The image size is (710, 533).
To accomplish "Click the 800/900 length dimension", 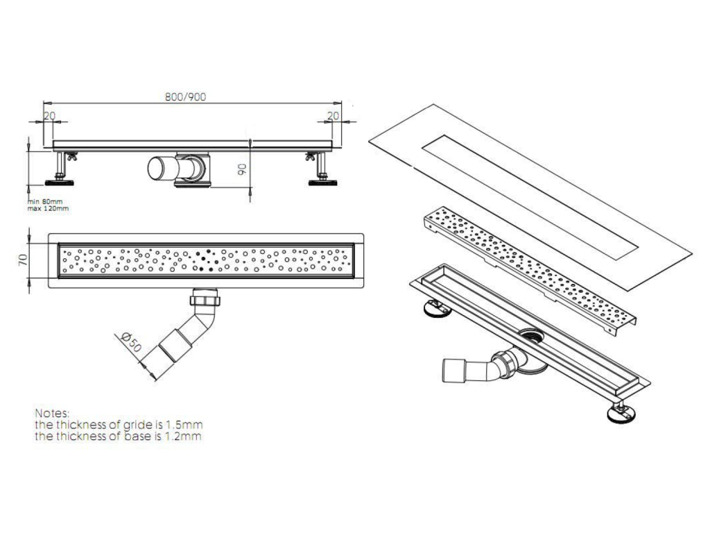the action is coord(186,96).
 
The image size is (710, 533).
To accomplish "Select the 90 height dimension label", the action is coord(242,169).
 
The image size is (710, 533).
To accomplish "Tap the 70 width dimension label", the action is coord(23,260).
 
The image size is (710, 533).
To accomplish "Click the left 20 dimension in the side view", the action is coord(49,116).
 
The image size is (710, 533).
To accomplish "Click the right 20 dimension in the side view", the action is coord(334,116).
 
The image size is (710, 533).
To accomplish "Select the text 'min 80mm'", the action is coord(45,202).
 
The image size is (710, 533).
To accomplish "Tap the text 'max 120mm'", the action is coord(48,208).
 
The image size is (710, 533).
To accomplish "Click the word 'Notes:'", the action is coord(53,414).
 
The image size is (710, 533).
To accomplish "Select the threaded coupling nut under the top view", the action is coord(205,300).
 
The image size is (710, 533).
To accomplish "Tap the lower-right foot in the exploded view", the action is coord(623,413).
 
